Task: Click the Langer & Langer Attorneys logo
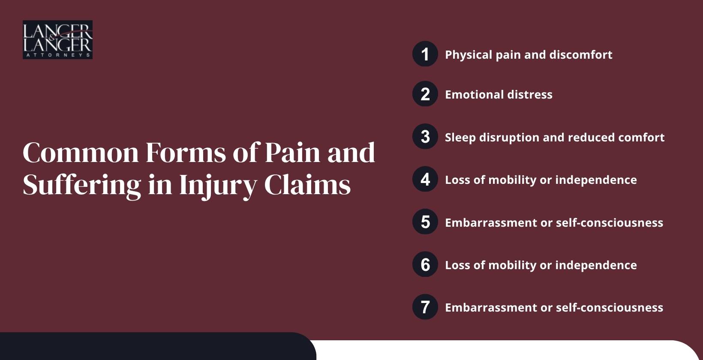click(x=57, y=39)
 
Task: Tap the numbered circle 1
click(x=425, y=54)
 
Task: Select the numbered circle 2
click(x=425, y=94)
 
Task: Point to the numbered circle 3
click(x=425, y=137)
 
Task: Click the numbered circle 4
click(x=425, y=179)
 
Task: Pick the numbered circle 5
click(x=425, y=222)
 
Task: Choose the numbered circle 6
click(x=425, y=264)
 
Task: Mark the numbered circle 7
click(x=425, y=307)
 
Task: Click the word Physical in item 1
click(x=469, y=55)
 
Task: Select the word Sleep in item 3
click(x=460, y=138)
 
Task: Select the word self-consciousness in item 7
click(x=610, y=308)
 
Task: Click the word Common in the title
click(x=81, y=153)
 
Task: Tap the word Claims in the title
click(x=307, y=185)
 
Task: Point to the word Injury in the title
click(x=218, y=186)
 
